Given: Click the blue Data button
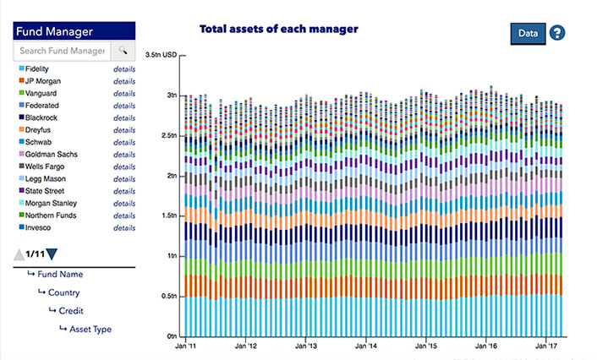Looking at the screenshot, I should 528,34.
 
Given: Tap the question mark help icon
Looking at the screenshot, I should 557,34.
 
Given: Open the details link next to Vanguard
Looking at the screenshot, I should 124,94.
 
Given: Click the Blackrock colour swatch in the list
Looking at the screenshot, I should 20,118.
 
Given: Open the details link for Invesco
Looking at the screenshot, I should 124,228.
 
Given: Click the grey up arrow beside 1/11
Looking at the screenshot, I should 18,254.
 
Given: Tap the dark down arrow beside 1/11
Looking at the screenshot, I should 52,254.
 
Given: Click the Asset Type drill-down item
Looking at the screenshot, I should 90,330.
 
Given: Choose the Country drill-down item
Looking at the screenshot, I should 63,292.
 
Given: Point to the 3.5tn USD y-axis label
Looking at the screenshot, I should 162,54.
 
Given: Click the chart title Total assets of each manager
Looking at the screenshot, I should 278,29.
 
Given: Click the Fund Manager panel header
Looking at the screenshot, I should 74,32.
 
